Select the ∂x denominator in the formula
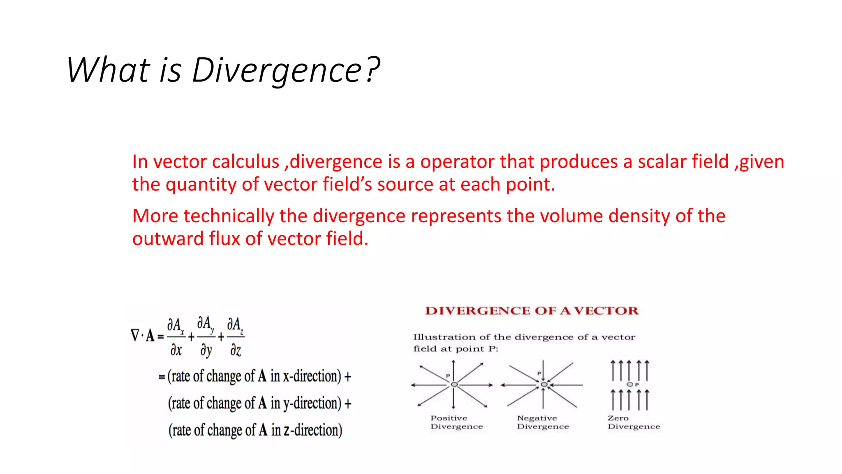click(x=176, y=350)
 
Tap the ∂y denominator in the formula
click(x=206, y=351)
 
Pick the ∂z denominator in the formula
click(x=236, y=351)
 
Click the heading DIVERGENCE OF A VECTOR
click(x=532, y=311)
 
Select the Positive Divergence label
click(x=456, y=423)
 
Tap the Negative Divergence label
click(x=543, y=423)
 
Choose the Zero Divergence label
click(x=634, y=423)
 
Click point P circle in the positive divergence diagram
click(x=454, y=385)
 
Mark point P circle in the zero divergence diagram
click(x=629, y=384)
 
